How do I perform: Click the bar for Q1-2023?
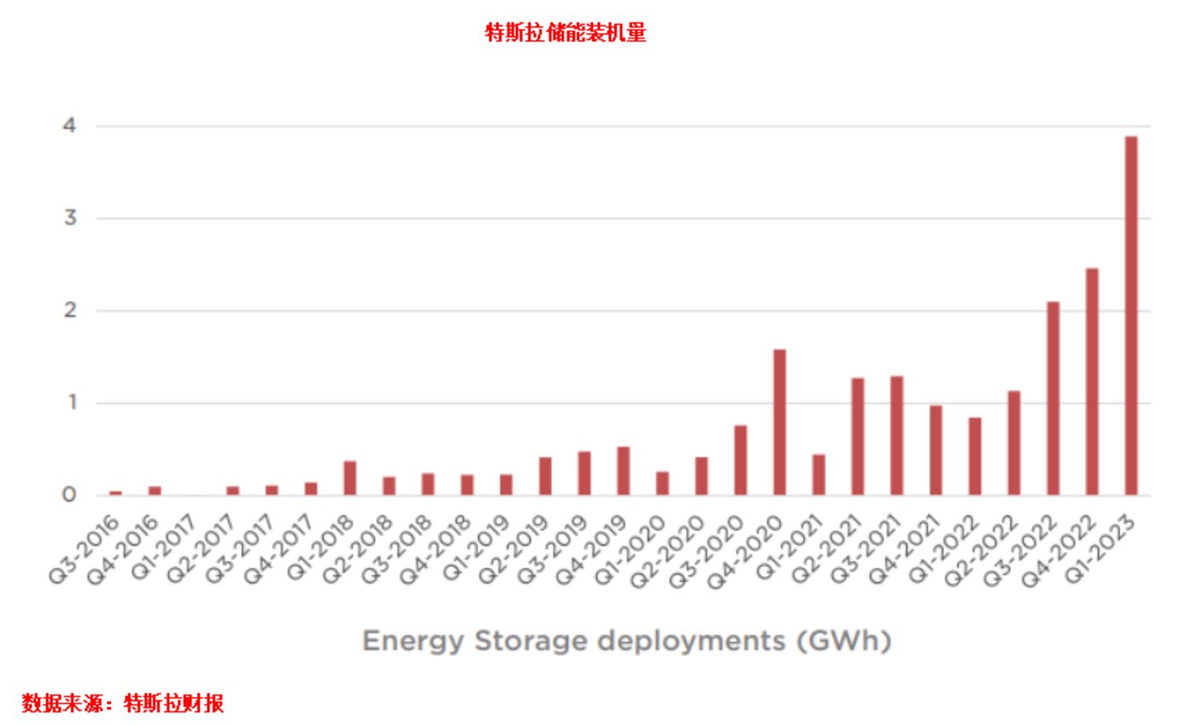coord(1131,315)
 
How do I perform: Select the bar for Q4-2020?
coord(779,422)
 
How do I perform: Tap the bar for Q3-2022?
coord(1052,398)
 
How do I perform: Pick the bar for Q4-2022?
coord(1092,382)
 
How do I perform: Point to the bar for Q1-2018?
coord(349,477)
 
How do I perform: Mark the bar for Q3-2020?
coord(741,459)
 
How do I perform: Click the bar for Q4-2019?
coord(623,471)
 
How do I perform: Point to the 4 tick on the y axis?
coord(67,126)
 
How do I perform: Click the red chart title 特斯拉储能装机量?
coord(565,33)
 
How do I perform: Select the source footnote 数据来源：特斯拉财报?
coord(122,704)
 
